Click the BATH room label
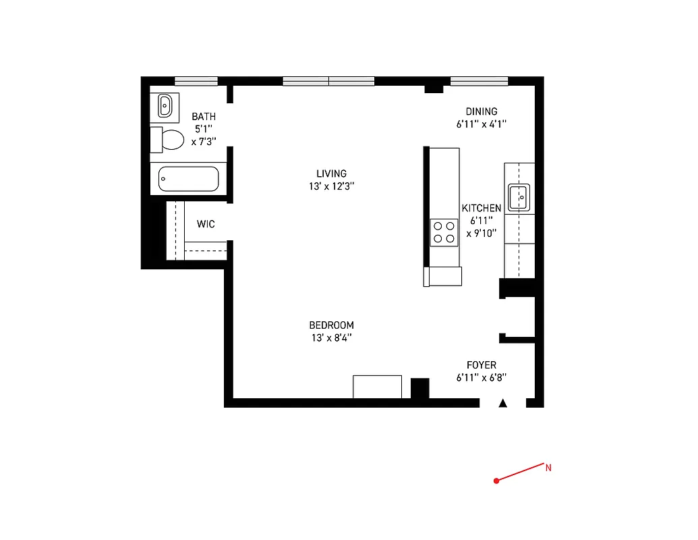tap(204, 117)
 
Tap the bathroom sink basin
tap(165, 105)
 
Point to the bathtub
tap(189, 180)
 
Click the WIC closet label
tap(206, 224)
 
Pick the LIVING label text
tap(331, 173)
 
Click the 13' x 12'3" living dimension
tap(331, 186)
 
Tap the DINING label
tap(482, 111)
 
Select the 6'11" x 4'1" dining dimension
tap(481, 124)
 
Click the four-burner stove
tap(444, 232)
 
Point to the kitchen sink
tap(519, 198)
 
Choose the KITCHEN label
tap(481, 209)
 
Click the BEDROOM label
tap(331, 325)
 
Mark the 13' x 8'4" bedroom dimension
tap(331, 337)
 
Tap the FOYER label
tap(481, 365)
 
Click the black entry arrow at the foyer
tap(502, 403)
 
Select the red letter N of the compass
tap(548, 467)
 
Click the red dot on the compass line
tap(496, 481)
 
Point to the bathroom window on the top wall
tap(196, 81)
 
